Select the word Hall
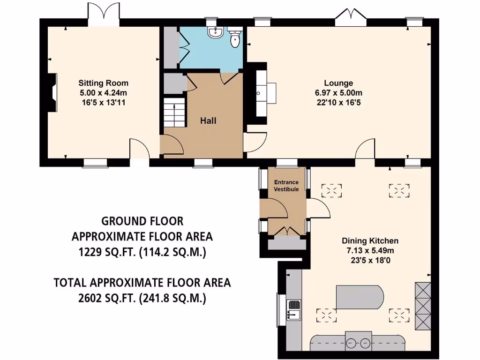pyautogui.click(x=208, y=121)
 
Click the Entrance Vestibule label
pyautogui.click(x=286, y=185)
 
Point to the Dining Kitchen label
pyautogui.click(x=370, y=240)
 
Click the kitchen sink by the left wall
pyautogui.click(x=294, y=310)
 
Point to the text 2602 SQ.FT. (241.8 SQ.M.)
pyautogui.click(x=142, y=298)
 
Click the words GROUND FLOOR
pyautogui.click(x=142, y=221)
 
